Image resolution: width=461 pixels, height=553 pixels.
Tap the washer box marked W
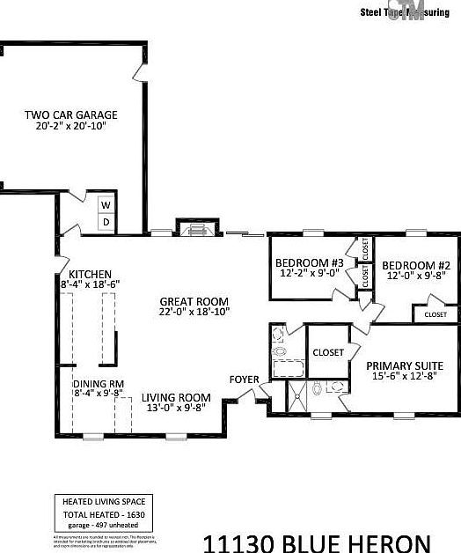click(x=106, y=205)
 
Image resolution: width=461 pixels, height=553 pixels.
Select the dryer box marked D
click(x=106, y=222)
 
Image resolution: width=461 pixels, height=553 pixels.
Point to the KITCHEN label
click(x=91, y=273)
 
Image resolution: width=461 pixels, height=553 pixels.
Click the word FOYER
click(x=244, y=380)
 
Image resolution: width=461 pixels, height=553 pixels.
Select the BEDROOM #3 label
click(x=309, y=263)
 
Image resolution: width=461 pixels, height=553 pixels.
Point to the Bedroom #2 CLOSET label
click(x=435, y=314)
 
